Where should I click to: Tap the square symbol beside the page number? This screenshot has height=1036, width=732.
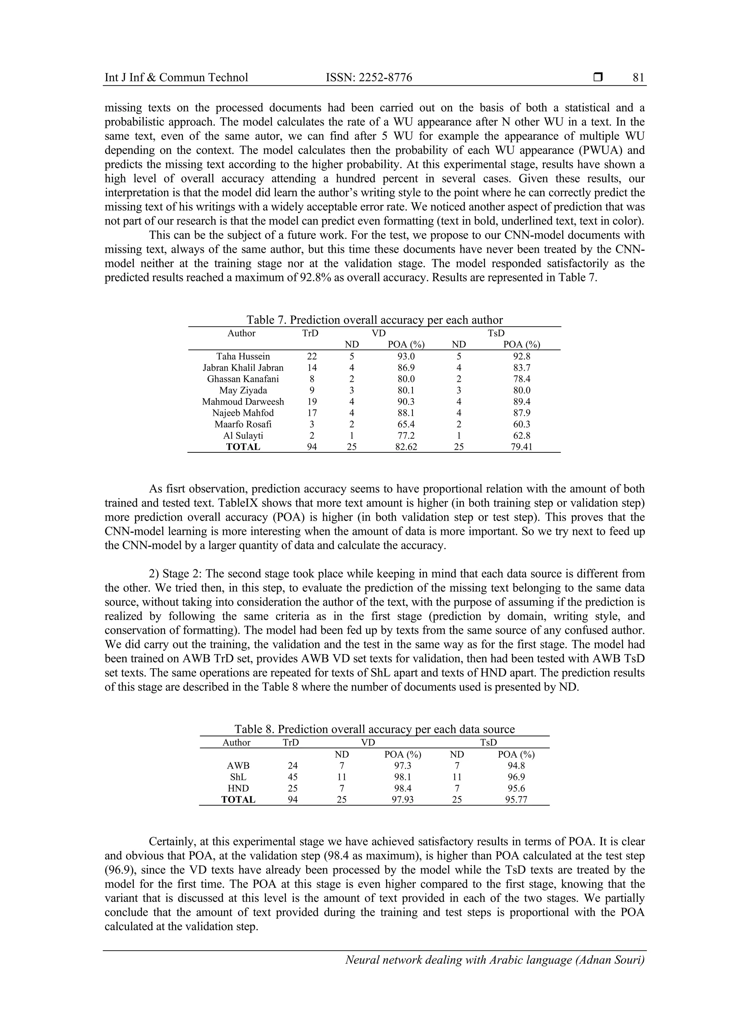pos(598,78)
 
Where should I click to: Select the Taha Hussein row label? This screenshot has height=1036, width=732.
pos(243,357)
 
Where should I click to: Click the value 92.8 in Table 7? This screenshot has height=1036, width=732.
pos(521,357)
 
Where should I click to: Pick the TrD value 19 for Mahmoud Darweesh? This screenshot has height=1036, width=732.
pos(312,402)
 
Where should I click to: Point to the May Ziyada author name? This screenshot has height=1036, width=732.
pos(243,390)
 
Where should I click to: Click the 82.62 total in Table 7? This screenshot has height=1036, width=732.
pos(406,447)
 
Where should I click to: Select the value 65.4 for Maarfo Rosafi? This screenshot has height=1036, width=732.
pos(406,424)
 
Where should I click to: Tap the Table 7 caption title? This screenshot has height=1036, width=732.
pos(374,320)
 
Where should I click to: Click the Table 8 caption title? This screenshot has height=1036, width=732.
pos(374,729)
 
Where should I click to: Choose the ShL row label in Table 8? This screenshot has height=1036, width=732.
pos(238,777)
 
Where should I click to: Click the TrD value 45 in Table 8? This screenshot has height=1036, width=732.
pos(292,777)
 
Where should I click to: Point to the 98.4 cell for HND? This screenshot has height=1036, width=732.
pos(402,788)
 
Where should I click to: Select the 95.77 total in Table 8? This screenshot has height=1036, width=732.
pos(516,800)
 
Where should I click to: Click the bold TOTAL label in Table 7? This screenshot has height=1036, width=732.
pos(243,447)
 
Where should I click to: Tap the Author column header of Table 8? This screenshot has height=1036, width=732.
pos(236,742)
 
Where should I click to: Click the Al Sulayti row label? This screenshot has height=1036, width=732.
pos(243,436)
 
